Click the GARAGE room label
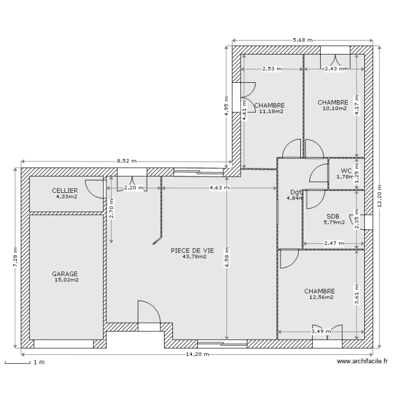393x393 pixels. [x=65, y=274]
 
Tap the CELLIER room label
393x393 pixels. [x=65, y=191]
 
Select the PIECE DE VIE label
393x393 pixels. [x=192, y=250]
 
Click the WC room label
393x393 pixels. [x=346, y=171]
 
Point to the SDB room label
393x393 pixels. [x=333, y=216]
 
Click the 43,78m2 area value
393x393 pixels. [x=195, y=256]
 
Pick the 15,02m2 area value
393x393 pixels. [x=67, y=280]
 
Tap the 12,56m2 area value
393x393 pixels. [x=321, y=297]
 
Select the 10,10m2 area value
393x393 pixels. [x=335, y=108]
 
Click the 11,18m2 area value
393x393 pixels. [x=271, y=111]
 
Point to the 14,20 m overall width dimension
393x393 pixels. [x=197, y=354]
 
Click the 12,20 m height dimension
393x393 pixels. [x=379, y=196]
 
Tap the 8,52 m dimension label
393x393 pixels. [x=127, y=161]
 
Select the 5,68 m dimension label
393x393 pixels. [x=303, y=40]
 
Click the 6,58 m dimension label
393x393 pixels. [x=227, y=258]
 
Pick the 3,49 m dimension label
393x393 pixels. [x=321, y=332]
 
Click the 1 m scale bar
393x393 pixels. [x=17, y=363]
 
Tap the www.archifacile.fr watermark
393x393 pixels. [x=362, y=361]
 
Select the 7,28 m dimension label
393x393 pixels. [x=16, y=257]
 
